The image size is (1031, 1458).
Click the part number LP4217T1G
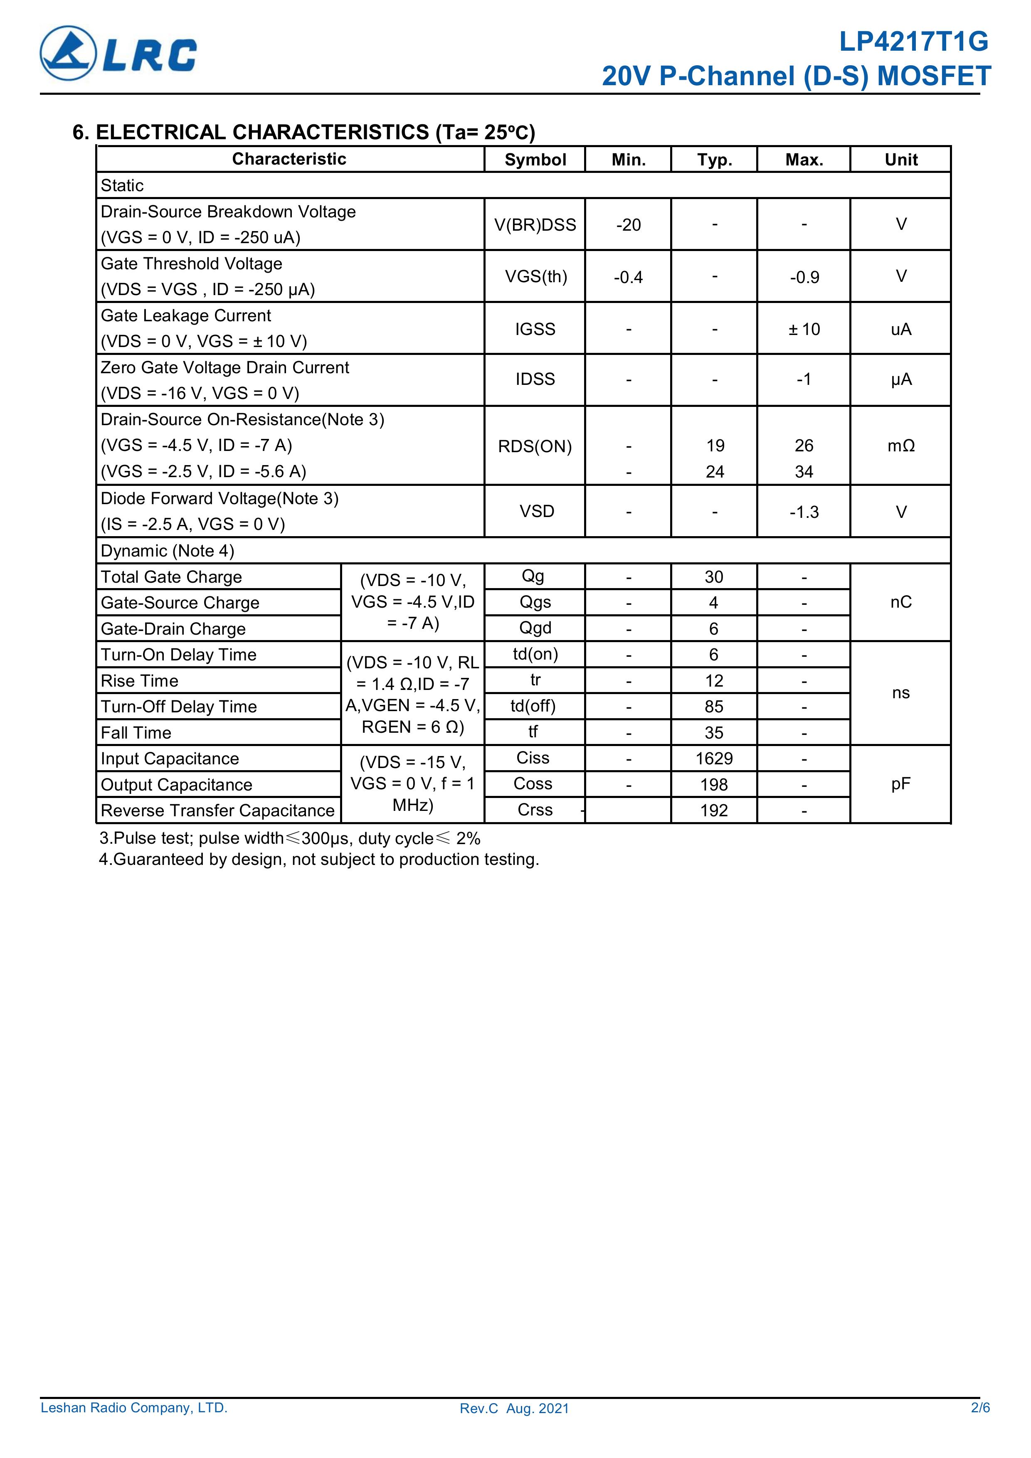point(913,42)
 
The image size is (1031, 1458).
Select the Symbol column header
point(535,159)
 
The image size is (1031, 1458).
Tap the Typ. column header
point(714,159)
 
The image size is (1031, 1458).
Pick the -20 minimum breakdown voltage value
point(628,225)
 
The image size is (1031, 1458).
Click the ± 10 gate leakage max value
point(804,329)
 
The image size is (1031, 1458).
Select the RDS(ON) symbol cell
point(535,446)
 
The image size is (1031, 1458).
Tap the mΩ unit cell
point(901,446)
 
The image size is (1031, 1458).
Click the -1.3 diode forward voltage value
point(804,512)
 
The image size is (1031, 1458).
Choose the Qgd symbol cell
point(535,628)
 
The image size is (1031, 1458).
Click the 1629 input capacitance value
point(714,758)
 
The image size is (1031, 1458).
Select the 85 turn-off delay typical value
point(714,706)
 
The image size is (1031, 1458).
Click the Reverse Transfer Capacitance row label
point(217,810)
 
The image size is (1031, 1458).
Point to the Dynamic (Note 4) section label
point(167,551)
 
